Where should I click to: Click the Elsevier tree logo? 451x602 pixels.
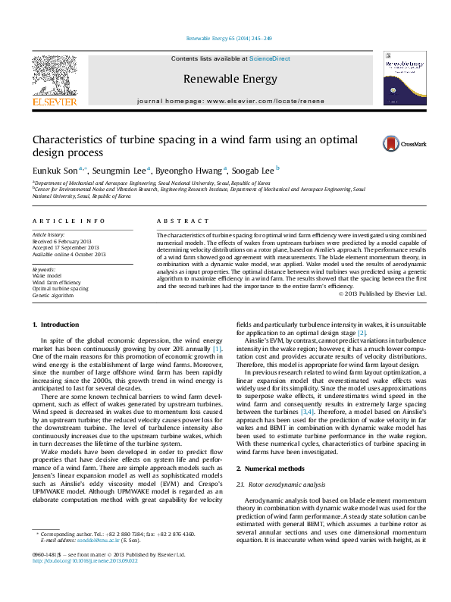pyautogui.click(x=54, y=76)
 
